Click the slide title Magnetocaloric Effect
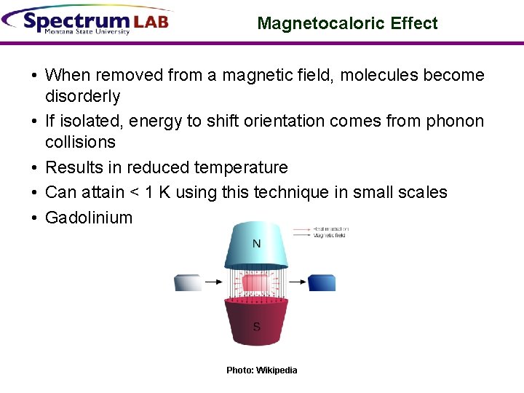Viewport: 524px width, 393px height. pyautogui.click(x=347, y=23)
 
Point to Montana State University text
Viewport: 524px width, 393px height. pyautogui.click(x=87, y=32)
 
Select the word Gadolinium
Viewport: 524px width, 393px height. pyautogui.click(x=89, y=218)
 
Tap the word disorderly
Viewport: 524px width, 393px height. pyautogui.click(x=82, y=96)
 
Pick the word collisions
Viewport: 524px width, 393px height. pyautogui.click(x=80, y=142)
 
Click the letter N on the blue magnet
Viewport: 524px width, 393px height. pyautogui.click(x=256, y=244)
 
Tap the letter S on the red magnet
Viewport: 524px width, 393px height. pyautogui.click(x=256, y=327)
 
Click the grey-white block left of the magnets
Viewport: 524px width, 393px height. pyautogui.click(x=188, y=282)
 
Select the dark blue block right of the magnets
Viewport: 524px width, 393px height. pyautogui.click(x=322, y=282)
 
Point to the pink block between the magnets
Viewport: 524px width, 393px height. pyautogui.click(x=255, y=282)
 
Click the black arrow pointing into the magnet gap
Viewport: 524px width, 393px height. pyautogui.click(x=215, y=282)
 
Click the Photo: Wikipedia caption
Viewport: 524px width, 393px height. pyautogui.click(x=262, y=370)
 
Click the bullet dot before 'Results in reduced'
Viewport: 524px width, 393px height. pyautogui.click(x=34, y=168)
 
